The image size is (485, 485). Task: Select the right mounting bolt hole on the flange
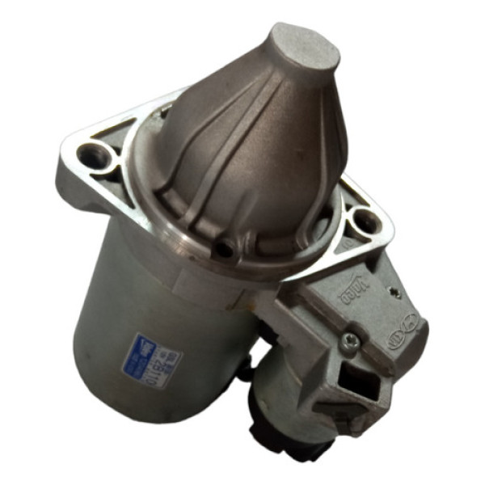pos(362,218)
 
